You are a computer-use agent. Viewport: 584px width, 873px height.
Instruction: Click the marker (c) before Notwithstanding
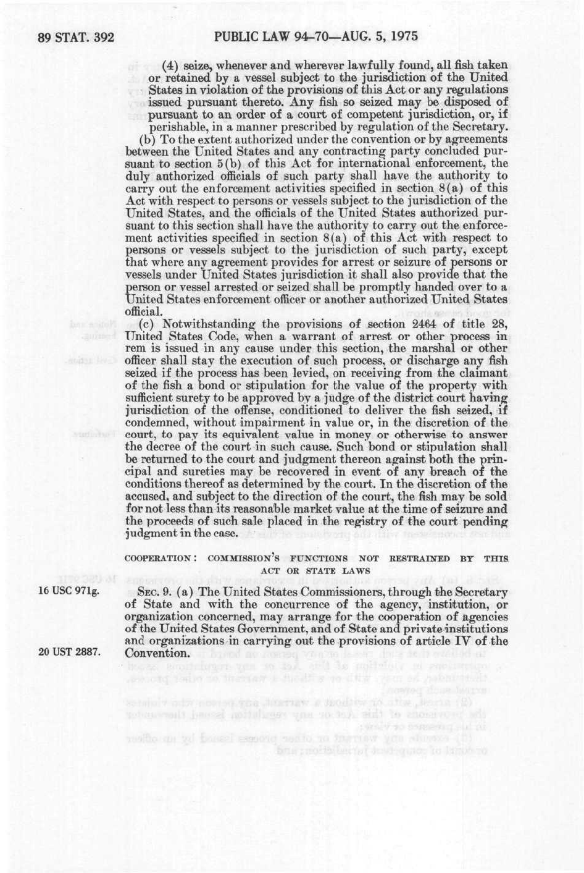click(148, 324)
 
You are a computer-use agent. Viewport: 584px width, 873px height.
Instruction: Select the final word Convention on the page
click(156, 653)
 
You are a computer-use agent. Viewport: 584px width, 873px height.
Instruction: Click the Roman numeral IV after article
click(469, 641)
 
